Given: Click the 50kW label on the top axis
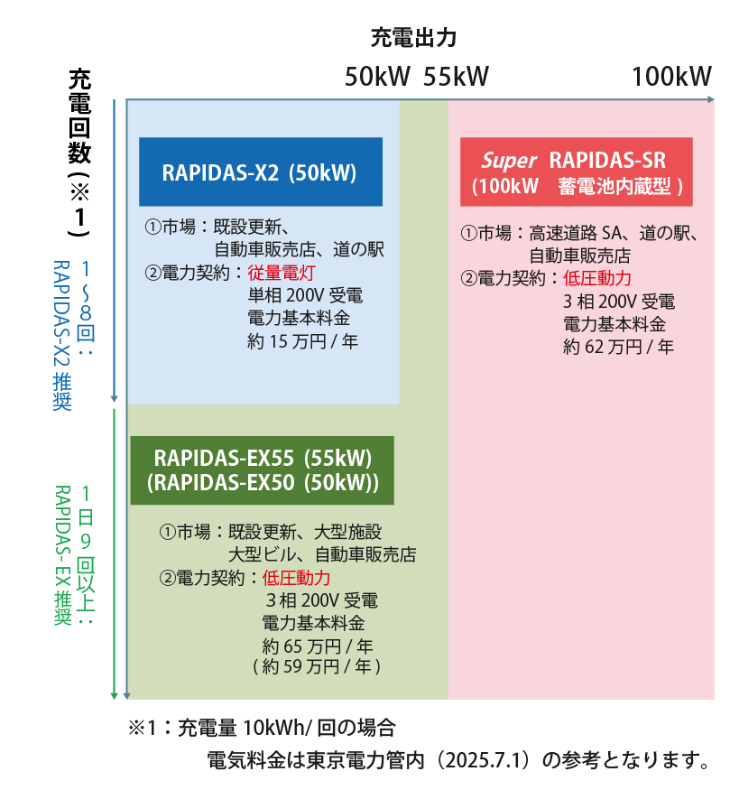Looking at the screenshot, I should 377,76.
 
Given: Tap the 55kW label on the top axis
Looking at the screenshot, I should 457,76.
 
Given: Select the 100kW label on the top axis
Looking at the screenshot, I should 671,76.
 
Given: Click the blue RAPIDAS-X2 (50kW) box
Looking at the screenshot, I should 260,172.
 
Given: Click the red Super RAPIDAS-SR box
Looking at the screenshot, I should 576,172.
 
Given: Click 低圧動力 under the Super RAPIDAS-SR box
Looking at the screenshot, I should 597,278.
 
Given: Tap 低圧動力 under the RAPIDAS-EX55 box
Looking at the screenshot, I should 296,578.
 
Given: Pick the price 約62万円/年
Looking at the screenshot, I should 618,347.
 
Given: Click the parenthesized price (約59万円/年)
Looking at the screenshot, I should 317,667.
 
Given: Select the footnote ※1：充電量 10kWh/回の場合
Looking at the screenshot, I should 262,728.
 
